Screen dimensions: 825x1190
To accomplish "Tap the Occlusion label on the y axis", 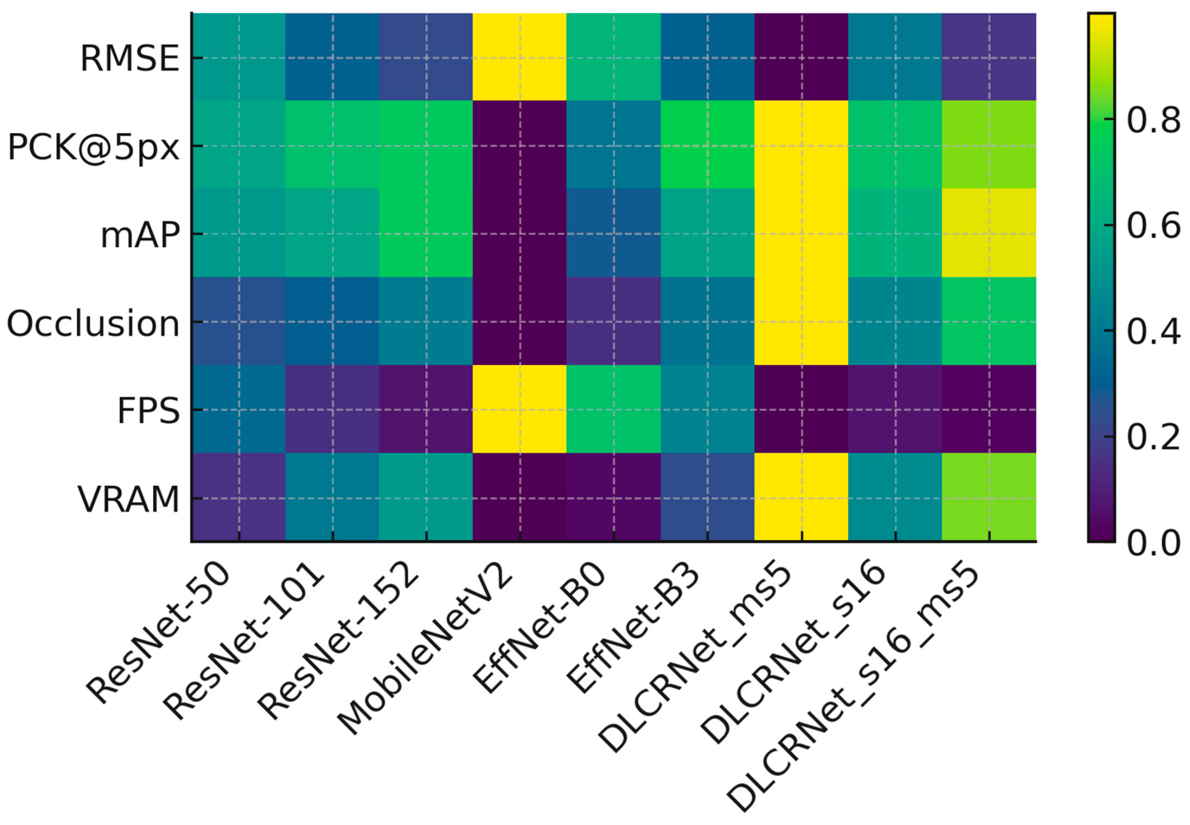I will tap(93, 324).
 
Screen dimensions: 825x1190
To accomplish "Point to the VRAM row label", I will tap(128, 500).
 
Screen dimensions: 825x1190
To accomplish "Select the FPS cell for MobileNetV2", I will tap(519, 409).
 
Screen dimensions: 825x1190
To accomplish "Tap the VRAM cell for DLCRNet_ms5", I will tap(801, 497).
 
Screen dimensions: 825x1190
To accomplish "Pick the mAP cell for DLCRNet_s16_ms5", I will tap(988, 233).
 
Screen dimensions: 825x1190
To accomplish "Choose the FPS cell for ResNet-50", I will tap(238, 409).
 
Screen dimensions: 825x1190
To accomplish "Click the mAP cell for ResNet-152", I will tap(426, 233).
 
